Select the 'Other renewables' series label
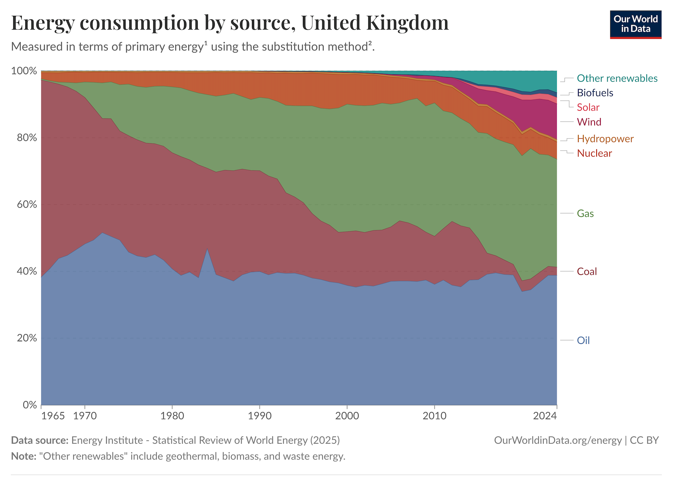coord(617,78)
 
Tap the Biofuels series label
coord(595,93)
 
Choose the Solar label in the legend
coord(588,107)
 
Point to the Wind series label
coord(589,122)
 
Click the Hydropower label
coord(605,139)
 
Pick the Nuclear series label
coord(594,153)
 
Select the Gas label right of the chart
coord(585,214)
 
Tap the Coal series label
coord(587,271)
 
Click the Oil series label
coord(583,340)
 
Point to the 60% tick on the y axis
coord(24,204)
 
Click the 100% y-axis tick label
coord(24,71)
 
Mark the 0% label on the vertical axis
coord(30,405)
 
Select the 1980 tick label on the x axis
coord(172,416)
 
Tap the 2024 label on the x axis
coord(544,416)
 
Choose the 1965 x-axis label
coord(53,416)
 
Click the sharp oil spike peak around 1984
coord(207,248)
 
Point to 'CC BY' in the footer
coord(644,440)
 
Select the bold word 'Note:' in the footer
coord(24,456)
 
